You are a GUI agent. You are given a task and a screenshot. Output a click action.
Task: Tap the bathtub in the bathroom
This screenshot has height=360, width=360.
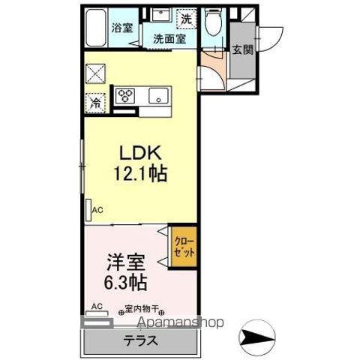click(96, 28)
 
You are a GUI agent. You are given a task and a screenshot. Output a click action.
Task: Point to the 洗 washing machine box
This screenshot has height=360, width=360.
click(186, 17)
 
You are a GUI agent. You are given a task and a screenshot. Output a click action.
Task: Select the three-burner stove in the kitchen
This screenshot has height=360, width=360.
click(125, 96)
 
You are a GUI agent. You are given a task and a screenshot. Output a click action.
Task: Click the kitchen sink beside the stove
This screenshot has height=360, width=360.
click(157, 95)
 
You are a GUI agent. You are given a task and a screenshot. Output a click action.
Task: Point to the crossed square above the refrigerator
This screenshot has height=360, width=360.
click(96, 73)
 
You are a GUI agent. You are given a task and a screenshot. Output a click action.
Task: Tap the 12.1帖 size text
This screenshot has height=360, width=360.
click(140, 173)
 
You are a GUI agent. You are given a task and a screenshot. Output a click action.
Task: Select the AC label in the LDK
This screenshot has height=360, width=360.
click(97, 212)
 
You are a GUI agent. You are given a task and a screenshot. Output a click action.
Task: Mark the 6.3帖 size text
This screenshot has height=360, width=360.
click(125, 284)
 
